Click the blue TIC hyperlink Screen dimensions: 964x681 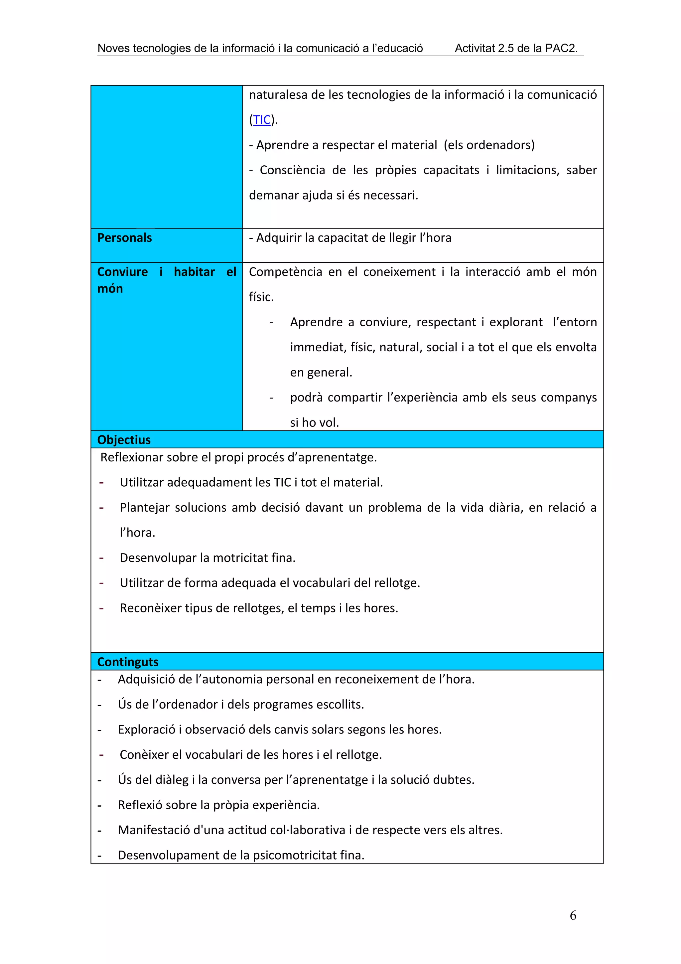click(x=262, y=120)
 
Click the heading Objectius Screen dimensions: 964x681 click(x=124, y=440)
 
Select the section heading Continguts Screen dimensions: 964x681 click(x=128, y=662)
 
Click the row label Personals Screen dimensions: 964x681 click(x=125, y=238)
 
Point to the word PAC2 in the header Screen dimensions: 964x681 click(x=560, y=48)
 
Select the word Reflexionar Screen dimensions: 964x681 click(x=132, y=457)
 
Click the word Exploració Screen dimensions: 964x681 click(x=146, y=729)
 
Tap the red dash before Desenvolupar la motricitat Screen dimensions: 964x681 click(x=101, y=558)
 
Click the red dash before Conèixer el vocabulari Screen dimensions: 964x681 click(x=101, y=754)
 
